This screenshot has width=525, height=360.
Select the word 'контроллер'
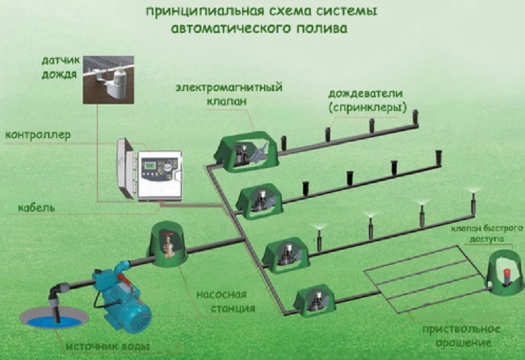tap(38, 134)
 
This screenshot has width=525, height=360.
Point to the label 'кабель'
tap(28, 208)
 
